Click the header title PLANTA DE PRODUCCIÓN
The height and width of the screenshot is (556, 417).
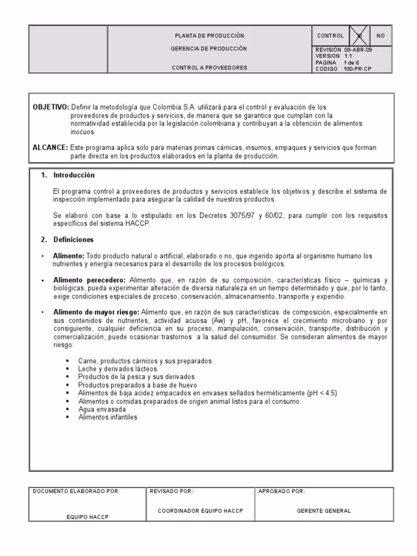(209, 36)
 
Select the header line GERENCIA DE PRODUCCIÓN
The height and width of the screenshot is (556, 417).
(209, 49)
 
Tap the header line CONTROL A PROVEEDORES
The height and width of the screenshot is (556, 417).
(209, 68)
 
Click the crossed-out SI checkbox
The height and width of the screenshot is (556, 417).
(359, 36)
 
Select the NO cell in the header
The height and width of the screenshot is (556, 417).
(380, 36)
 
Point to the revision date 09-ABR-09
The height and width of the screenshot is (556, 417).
(359, 49)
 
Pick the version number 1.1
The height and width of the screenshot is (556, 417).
(349, 56)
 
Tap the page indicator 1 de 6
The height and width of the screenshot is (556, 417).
(351, 62)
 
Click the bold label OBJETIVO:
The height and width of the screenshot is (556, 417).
(51, 108)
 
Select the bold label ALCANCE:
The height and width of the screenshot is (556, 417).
(50, 148)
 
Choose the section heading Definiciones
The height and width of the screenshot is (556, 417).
(73, 239)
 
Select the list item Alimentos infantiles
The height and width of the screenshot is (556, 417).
(108, 417)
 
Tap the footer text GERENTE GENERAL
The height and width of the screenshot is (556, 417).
(324, 511)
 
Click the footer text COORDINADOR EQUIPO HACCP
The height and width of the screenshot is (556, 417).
(200, 511)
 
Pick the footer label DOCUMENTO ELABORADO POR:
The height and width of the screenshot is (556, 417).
(76, 491)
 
